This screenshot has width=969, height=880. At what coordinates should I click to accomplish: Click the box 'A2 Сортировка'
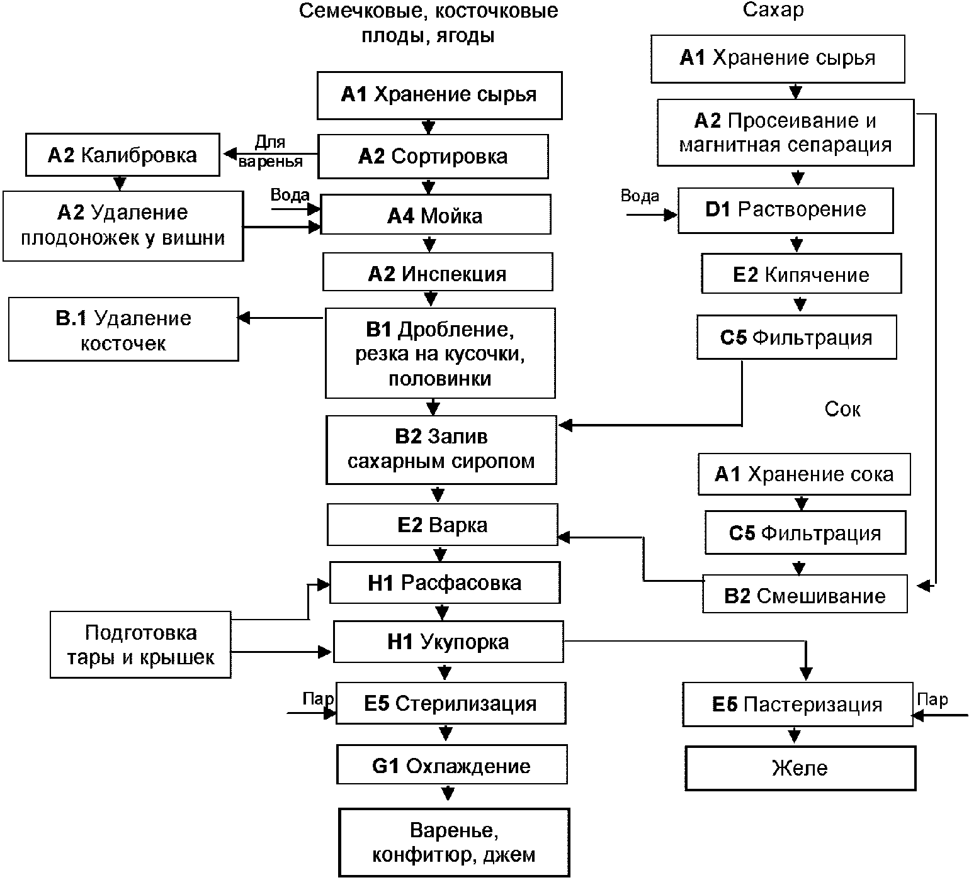tap(433, 156)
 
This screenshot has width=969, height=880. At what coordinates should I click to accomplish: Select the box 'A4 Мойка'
tap(436, 215)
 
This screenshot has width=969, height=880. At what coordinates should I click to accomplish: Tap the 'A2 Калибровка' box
tap(122, 155)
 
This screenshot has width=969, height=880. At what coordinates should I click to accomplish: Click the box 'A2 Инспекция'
tap(438, 272)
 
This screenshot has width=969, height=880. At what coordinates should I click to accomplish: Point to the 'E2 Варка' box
tap(442, 525)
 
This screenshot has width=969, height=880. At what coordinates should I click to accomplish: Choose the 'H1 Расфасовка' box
tap(445, 582)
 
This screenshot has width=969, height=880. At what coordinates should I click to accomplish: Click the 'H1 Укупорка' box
tap(448, 642)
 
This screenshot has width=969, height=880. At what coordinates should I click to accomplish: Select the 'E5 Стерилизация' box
tap(450, 703)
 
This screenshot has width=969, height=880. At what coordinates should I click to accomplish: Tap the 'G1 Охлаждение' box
tap(451, 764)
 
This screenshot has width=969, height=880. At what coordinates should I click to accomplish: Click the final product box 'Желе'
tap(800, 768)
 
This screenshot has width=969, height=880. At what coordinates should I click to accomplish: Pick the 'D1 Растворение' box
tap(785, 210)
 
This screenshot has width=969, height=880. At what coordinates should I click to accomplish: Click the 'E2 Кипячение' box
tap(801, 274)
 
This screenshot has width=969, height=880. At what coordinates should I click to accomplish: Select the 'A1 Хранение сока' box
tap(804, 474)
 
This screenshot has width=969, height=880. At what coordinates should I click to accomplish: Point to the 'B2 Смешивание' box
tap(805, 594)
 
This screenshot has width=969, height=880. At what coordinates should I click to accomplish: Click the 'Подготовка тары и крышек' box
tap(140, 645)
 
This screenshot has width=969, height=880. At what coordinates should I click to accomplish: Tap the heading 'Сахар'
tap(773, 10)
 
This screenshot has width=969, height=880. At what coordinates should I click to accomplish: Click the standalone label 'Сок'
tap(842, 409)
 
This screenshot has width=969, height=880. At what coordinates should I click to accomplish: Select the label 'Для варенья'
tap(271, 152)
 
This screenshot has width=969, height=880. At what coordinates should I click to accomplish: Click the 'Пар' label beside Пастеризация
tap(932, 699)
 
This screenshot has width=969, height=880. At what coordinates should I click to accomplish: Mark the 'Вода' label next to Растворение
tap(640, 196)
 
